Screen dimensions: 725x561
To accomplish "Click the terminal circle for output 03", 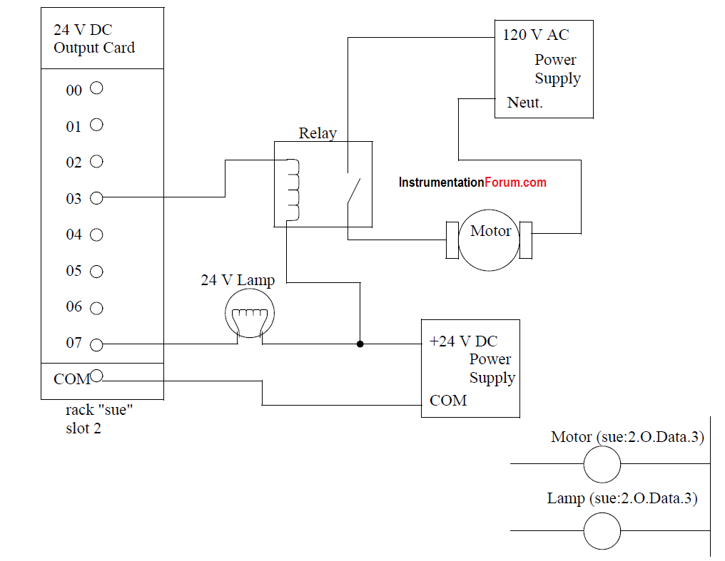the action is tap(96, 198).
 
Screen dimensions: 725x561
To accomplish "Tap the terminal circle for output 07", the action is tap(96, 344).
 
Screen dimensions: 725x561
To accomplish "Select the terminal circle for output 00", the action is tap(96, 88).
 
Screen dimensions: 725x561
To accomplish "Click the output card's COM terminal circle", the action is tap(96, 376).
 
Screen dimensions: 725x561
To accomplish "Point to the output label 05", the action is tap(73, 271).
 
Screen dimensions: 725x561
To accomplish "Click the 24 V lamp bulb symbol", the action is tap(250, 314).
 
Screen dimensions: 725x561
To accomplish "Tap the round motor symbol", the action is tap(489, 240).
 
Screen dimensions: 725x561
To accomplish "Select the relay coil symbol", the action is tap(293, 190).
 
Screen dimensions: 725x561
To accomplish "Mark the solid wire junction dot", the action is tap(360, 344).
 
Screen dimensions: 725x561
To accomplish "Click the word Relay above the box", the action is tap(318, 133).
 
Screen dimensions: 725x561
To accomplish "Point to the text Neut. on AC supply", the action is tap(524, 103).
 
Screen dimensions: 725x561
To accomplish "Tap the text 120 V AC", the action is tap(536, 35).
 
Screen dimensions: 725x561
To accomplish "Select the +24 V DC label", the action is tap(463, 341).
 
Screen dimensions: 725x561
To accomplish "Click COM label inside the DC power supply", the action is tap(448, 401).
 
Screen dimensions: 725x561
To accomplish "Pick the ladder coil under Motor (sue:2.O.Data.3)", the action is tap(602, 464).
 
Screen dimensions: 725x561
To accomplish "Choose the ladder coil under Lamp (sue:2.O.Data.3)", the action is tap(602, 531).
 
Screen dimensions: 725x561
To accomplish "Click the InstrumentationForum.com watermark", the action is tap(472, 182).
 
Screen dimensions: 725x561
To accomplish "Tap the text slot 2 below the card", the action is tap(83, 428).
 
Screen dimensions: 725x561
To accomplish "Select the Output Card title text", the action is tap(94, 48).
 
